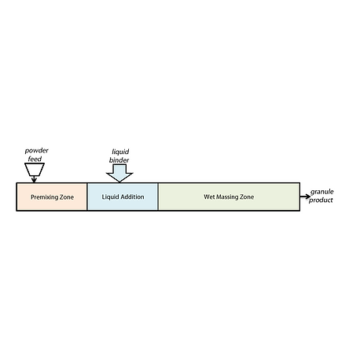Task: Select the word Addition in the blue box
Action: pyautogui.click(x=132, y=197)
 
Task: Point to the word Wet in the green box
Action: pyautogui.click(x=209, y=197)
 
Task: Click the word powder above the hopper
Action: pyautogui.click(x=36, y=151)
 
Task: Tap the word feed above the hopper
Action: pyautogui.click(x=35, y=159)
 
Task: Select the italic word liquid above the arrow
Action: pyautogui.click(x=120, y=152)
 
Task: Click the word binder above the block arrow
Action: pyautogui.click(x=119, y=160)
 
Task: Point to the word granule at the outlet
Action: pyautogui.click(x=322, y=192)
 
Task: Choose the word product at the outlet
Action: pyautogui.click(x=321, y=200)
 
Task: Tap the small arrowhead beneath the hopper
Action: pyautogui.click(x=34, y=180)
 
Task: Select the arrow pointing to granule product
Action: pyautogui.click(x=305, y=197)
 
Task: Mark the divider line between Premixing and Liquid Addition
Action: pyautogui.click(x=87, y=197)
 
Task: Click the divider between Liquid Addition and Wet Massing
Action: pyautogui.click(x=158, y=197)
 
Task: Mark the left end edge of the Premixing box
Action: pyautogui.click(x=17, y=197)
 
